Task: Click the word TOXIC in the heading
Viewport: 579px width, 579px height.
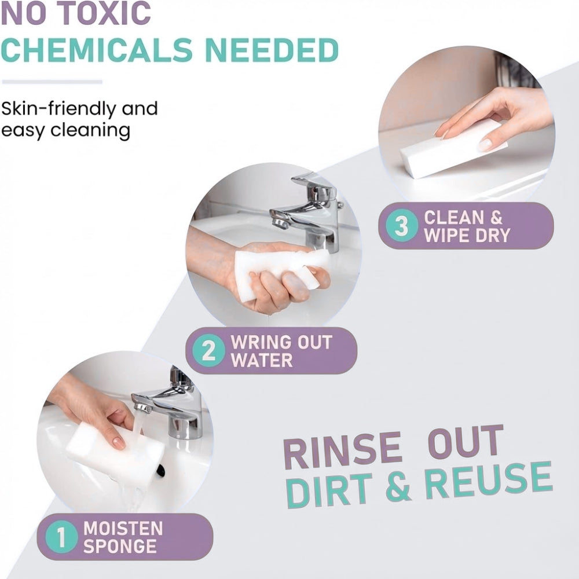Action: click(x=104, y=13)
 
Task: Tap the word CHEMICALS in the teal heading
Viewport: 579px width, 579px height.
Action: click(x=97, y=50)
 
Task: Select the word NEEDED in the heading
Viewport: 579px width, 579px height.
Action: click(x=272, y=50)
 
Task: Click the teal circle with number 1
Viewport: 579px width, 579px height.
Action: click(x=61, y=537)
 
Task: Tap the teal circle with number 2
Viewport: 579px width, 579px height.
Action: click(x=208, y=350)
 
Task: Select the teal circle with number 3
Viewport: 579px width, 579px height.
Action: click(x=402, y=225)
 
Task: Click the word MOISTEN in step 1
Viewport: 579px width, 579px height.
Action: click(x=123, y=529)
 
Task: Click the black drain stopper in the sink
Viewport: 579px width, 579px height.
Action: click(x=160, y=470)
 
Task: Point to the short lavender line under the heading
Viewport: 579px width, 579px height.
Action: click(x=52, y=82)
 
